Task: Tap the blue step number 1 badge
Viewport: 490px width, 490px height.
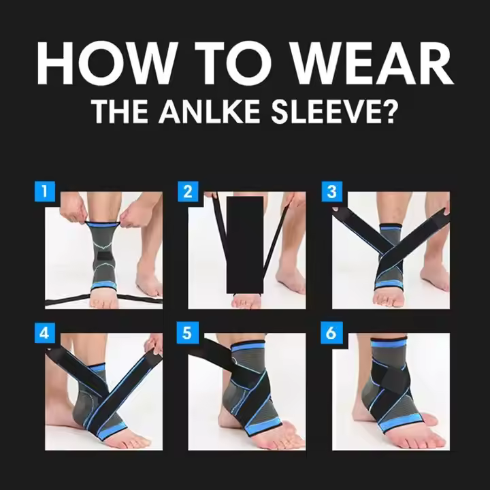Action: pos(45,191)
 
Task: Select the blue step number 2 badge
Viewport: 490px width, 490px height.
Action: pos(188,191)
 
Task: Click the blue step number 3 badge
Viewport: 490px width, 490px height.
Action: pos(332,191)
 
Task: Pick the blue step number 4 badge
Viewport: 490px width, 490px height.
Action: pos(45,333)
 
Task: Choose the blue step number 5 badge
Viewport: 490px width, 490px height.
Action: pos(188,333)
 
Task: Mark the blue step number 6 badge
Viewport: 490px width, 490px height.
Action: pos(331,333)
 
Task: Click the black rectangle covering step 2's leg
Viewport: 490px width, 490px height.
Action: pos(245,245)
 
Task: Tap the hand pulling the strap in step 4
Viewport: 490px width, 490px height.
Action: pos(154,344)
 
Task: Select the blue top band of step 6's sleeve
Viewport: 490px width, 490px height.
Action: pos(389,344)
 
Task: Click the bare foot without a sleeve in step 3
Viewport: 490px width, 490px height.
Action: pos(434,275)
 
